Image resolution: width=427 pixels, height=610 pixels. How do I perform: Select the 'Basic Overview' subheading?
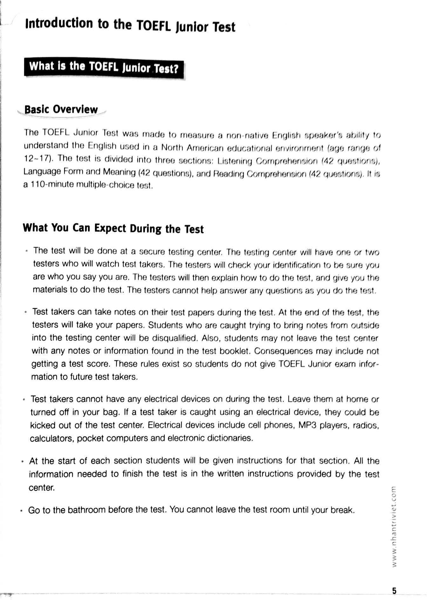(x=61, y=109)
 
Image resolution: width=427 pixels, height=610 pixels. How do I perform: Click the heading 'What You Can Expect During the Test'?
(x=113, y=228)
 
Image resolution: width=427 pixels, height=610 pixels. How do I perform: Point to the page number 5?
(x=394, y=591)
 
